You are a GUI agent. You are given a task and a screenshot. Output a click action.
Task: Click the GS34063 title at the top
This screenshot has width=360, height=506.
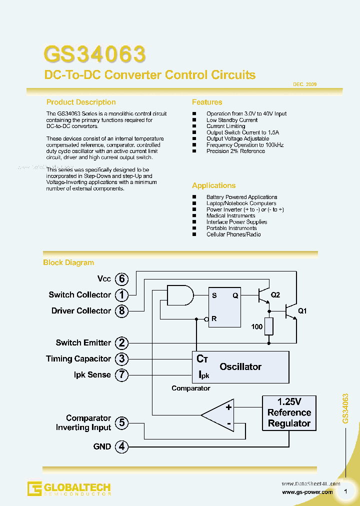click(94, 54)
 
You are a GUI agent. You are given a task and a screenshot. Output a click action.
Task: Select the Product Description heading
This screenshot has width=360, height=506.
click(81, 102)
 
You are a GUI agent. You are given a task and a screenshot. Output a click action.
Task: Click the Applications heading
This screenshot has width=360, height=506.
click(213, 185)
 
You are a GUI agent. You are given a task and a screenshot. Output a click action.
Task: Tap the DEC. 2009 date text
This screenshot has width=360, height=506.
click(304, 84)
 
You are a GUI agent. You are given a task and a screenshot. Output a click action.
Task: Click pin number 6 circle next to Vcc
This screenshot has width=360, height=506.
click(121, 279)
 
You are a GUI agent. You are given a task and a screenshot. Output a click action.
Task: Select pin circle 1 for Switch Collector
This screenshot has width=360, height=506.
click(121, 295)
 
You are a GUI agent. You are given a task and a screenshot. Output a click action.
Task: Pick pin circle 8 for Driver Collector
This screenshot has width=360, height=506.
click(121, 311)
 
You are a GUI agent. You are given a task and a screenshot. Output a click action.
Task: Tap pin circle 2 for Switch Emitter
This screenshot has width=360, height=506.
click(121, 343)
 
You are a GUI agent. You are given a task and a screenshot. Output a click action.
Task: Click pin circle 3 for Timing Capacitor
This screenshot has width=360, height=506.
click(121, 359)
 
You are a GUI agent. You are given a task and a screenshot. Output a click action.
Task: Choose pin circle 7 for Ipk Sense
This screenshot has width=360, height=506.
click(121, 375)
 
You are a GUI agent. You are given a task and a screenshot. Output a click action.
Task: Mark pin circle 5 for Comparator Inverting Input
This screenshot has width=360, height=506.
click(121, 423)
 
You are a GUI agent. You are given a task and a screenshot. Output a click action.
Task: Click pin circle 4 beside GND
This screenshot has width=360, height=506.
click(121, 446)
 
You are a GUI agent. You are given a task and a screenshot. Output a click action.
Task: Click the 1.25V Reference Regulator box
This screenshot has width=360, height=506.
click(289, 412)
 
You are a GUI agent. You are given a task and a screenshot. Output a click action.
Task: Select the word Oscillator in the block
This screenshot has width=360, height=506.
click(240, 366)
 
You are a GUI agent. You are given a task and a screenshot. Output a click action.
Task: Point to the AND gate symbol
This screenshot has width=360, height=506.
click(179, 295)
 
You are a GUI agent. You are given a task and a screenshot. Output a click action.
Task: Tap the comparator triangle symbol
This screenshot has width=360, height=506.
click(219, 414)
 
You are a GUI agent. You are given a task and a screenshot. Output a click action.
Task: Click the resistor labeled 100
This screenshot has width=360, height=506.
click(269, 326)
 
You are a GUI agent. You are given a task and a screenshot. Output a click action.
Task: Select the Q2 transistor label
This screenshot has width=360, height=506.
click(275, 295)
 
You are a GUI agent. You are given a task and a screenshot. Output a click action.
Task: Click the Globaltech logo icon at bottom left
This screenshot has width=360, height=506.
click(34, 488)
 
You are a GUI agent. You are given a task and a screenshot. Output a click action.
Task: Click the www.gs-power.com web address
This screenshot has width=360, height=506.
click(307, 492)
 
